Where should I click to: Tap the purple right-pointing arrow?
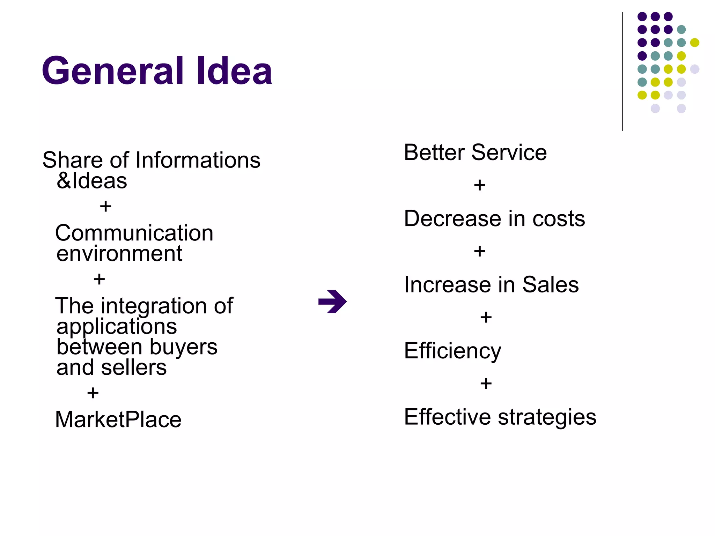point(332,301)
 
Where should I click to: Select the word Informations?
point(198,160)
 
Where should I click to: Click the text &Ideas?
point(92,181)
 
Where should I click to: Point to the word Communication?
point(134,233)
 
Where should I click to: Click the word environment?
point(119,254)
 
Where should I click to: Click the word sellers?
point(134,368)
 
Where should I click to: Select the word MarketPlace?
point(118,419)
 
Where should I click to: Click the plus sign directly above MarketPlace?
point(93,393)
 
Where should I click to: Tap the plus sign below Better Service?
point(480,185)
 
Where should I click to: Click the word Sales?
point(550,285)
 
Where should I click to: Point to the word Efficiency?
point(452,351)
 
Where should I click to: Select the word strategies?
point(547,417)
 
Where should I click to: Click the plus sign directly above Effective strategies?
point(486,384)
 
